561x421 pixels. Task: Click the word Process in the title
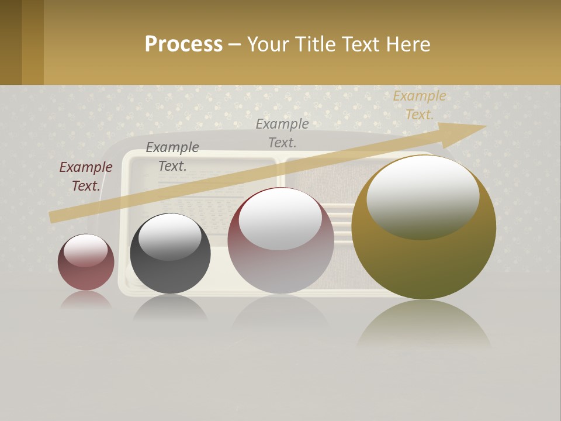point(183,44)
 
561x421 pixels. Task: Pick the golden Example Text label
point(420,105)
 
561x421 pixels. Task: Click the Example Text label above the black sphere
point(172,157)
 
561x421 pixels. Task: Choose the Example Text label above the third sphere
point(282,133)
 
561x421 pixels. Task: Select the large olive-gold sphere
point(424,263)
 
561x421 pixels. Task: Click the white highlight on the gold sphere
point(423,196)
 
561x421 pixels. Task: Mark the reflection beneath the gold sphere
point(424,325)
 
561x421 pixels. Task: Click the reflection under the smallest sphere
point(86,300)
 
